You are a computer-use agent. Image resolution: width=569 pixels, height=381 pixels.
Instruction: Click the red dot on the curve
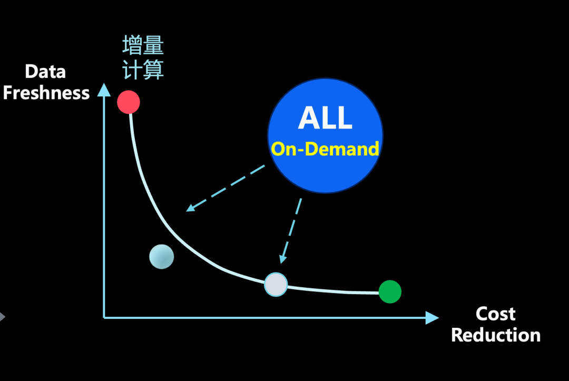[x=129, y=102]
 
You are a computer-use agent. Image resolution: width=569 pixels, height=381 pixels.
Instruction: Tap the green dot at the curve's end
[x=390, y=291]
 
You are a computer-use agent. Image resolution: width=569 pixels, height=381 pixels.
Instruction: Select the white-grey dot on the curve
[x=276, y=285]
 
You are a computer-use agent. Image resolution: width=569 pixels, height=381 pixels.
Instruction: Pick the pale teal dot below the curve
[x=161, y=257]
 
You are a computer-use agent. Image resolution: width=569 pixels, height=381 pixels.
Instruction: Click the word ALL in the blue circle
[x=325, y=118]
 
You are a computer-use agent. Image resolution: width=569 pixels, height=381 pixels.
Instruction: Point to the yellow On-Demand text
[x=325, y=149]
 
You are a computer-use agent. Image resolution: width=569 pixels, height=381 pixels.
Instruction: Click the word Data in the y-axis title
[x=45, y=72]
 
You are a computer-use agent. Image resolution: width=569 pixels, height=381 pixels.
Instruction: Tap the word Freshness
[x=46, y=93]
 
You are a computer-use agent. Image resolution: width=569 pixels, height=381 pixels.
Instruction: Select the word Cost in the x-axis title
[x=495, y=314]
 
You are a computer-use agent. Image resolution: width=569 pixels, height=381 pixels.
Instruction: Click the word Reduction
[x=496, y=335]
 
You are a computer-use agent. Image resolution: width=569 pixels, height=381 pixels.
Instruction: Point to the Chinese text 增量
[x=143, y=46]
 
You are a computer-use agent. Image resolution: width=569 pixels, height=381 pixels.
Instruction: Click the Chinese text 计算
[x=143, y=69]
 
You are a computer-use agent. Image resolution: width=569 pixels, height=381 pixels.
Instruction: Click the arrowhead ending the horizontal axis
[x=432, y=317]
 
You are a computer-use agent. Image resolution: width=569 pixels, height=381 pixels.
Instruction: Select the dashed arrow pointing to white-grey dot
[x=292, y=231]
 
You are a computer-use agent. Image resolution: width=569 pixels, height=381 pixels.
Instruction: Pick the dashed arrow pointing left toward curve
[x=225, y=188]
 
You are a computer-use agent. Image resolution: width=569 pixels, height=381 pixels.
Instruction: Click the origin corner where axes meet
[x=104, y=317]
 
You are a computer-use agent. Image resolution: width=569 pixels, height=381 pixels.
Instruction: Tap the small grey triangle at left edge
[x=2, y=317]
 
